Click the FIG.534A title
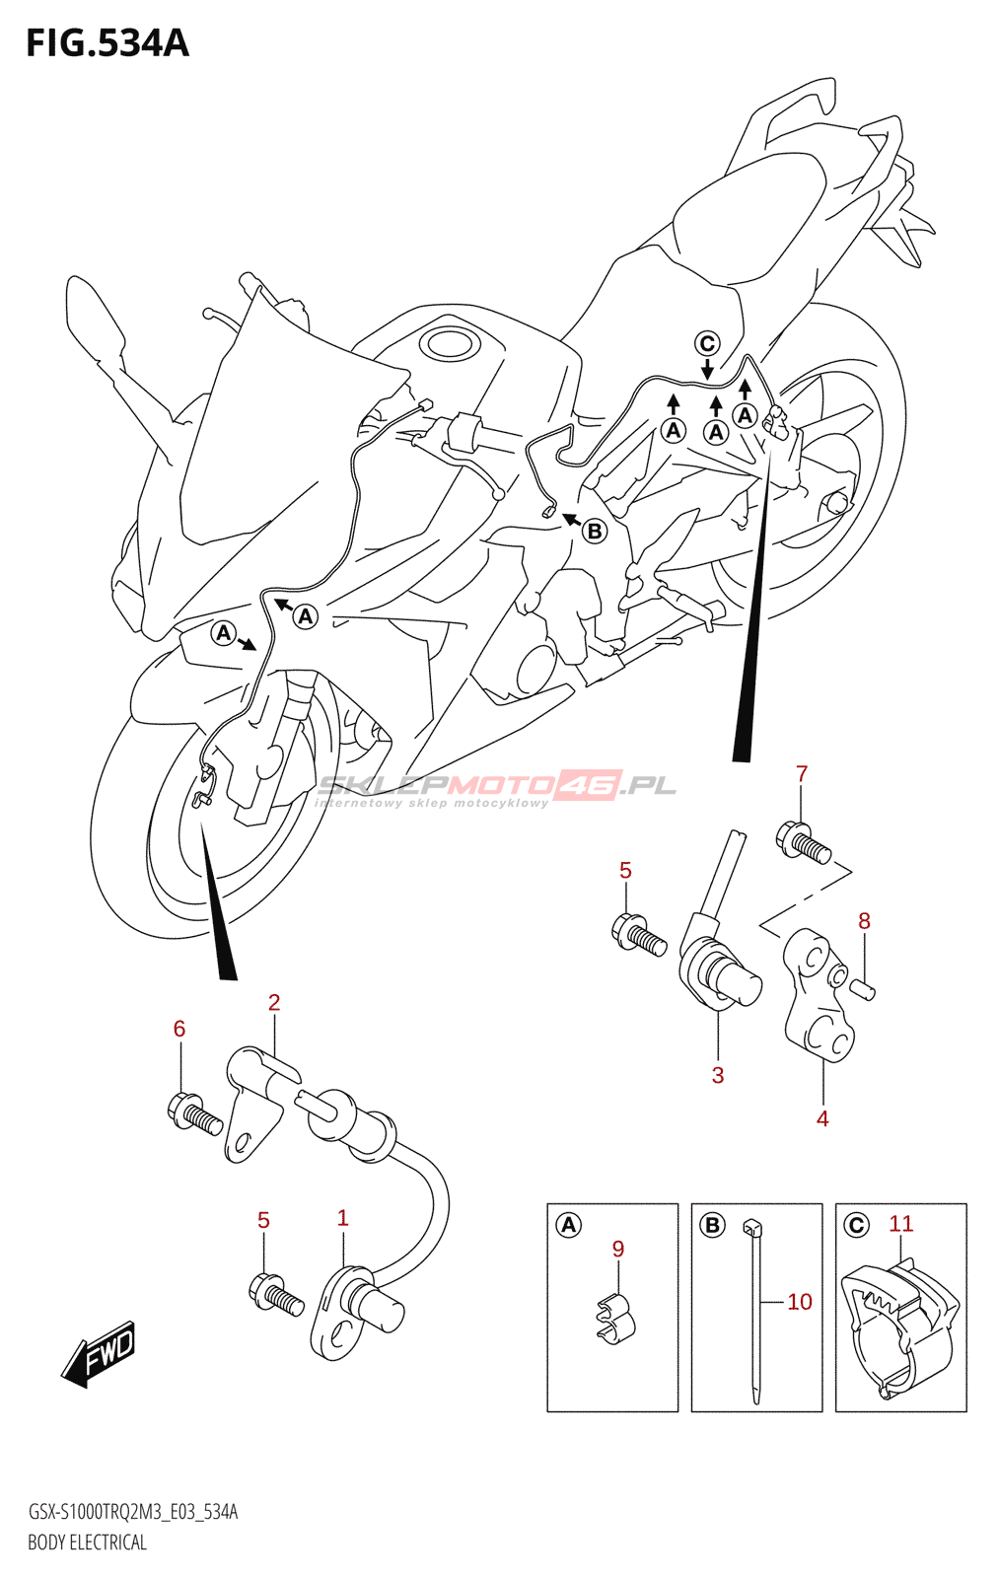point(107,43)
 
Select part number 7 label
point(802,774)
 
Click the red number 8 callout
point(864,921)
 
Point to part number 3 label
point(718,1075)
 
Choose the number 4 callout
point(822,1118)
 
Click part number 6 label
point(179,1029)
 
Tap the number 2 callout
point(274,1002)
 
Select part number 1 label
point(343,1218)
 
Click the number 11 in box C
point(901,1224)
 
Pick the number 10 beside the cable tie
point(800,1302)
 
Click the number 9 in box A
point(618,1249)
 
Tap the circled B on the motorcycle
point(595,532)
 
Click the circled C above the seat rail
point(707,343)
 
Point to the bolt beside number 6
point(194,1114)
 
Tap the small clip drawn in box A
point(615,1317)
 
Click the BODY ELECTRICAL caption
point(87,1542)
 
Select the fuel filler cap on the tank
point(449,344)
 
